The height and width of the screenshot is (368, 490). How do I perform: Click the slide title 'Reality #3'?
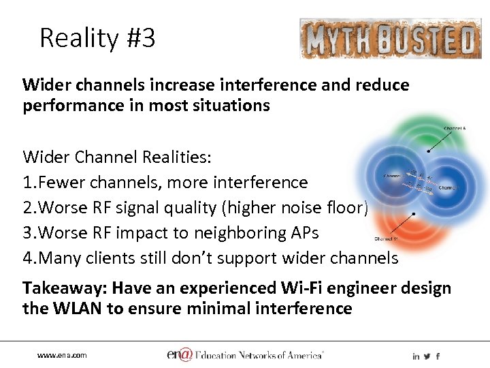click(x=97, y=38)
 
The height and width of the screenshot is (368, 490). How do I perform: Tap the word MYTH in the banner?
click(x=336, y=40)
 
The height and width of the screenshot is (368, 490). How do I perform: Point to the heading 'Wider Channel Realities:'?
click(x=117, y=157)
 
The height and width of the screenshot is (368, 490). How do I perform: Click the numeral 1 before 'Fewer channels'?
click(x=27, y=183)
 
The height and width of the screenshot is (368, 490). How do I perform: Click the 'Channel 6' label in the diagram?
click(x=455, y=128)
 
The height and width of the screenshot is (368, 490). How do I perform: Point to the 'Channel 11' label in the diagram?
click(x=386, y=239)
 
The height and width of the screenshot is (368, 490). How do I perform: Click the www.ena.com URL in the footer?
click(x=62, y=356)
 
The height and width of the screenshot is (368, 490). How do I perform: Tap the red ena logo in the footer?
click(x=178, y=354)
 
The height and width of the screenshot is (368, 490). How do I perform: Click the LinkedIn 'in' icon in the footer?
click(x=415, y=356)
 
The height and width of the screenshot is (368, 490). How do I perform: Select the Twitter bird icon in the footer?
click(x=427, y=356)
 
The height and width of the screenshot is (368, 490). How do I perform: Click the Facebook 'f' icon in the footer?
click(x=438, y=356)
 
